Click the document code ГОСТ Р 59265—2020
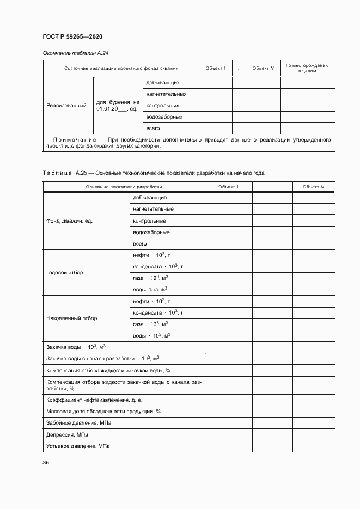click(x=72, y=36)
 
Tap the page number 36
click(x=46, y=462)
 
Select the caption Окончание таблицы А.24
click(x=76, y=53)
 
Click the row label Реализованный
click(x=66, y=106)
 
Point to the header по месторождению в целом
click(x=307, y=68)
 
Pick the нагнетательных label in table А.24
click(x=163, y=94)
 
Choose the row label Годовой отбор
click(x=65, y=272)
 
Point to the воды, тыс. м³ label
click(x=150, y=290)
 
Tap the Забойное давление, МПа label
click(x=80, y=423)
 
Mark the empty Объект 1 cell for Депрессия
click(x=228, y=435)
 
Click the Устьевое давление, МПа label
click(x=78, y=446)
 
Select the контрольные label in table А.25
click(x=149, y=221)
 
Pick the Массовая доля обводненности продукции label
click(x=103, y=411)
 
